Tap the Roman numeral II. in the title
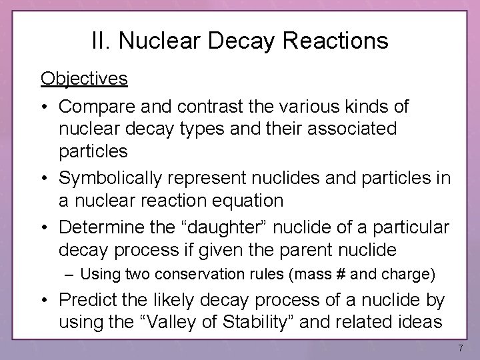[102, 41]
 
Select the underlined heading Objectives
[83, 79]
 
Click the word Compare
[99, 107]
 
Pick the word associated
[349, 128]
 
